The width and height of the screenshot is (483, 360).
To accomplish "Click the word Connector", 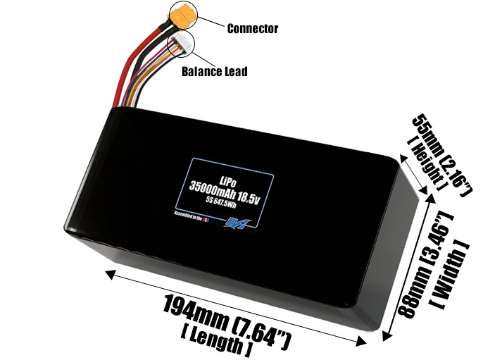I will (x=252, y=29).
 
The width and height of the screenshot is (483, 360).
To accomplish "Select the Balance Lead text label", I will (x=214, y=71).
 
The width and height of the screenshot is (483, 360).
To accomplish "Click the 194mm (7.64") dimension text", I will (x=226, y=321).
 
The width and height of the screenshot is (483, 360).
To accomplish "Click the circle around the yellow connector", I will (x=182, y=15).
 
